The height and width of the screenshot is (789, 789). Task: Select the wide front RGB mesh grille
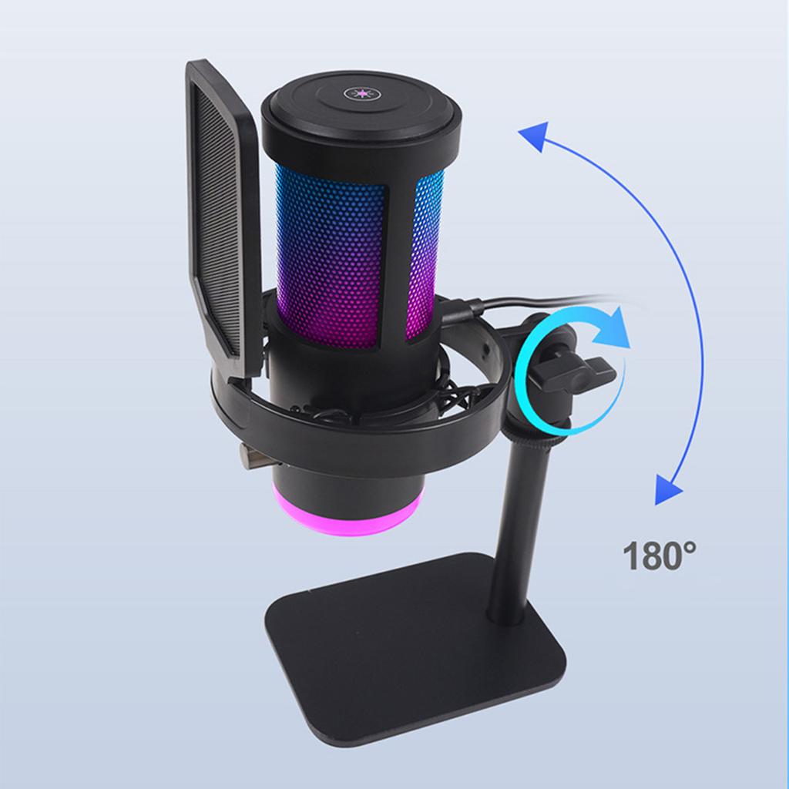tap(331, 254)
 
